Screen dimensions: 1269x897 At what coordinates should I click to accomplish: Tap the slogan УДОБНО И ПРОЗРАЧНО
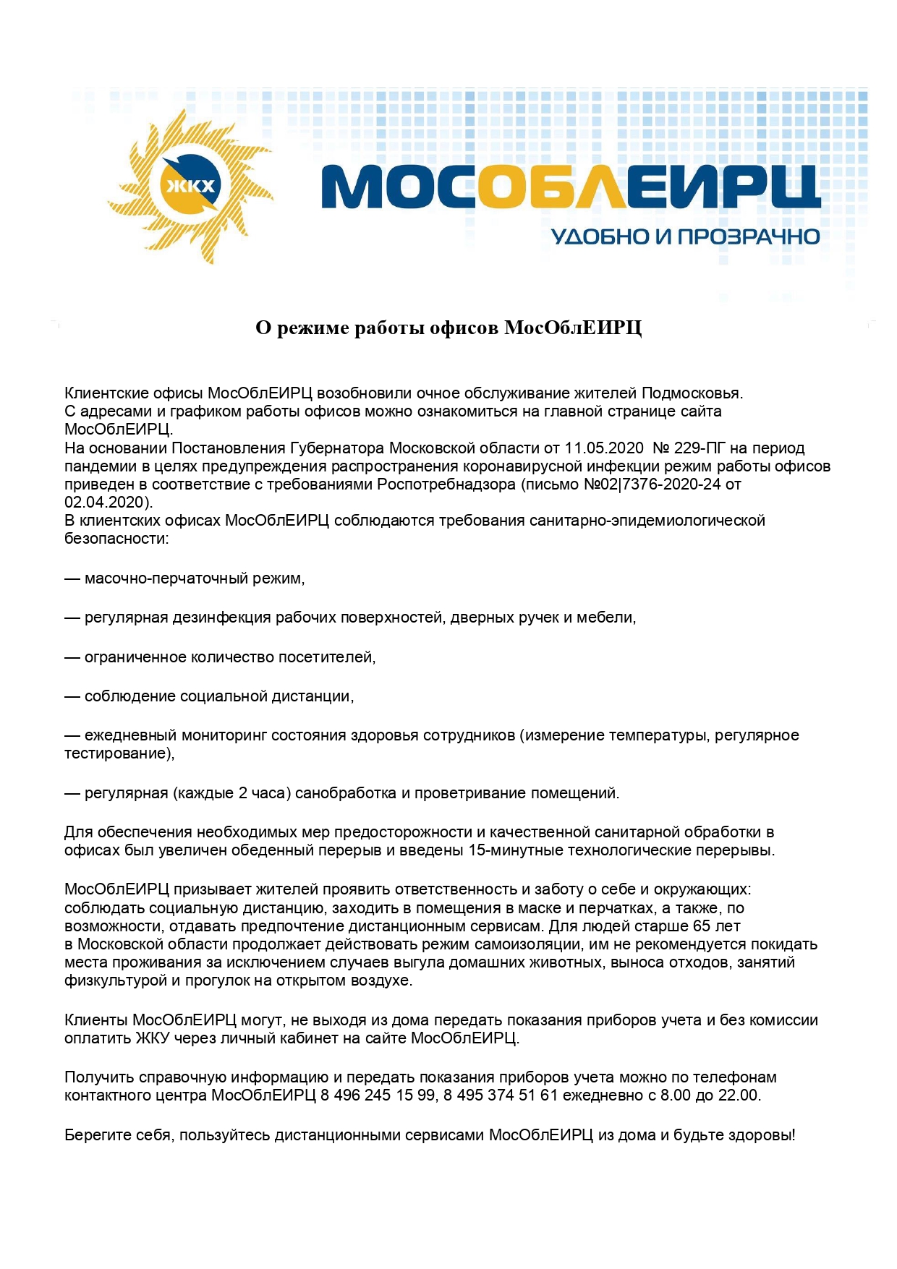685,236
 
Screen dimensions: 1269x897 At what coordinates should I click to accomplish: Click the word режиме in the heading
311,328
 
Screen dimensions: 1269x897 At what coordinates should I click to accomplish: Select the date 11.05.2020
603,448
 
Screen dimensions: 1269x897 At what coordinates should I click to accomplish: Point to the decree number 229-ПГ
700,448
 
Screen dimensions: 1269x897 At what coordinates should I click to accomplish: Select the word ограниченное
135,657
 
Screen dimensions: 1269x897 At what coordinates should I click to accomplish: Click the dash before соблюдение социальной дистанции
72,696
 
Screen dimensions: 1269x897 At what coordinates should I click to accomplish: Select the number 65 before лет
702,926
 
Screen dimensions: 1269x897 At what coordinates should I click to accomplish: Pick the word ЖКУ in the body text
152,1038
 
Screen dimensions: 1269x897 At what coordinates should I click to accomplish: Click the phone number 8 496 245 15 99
378,1095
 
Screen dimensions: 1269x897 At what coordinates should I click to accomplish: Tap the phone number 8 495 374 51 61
501,1095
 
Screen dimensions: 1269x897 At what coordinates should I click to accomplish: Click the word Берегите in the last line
98,1135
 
